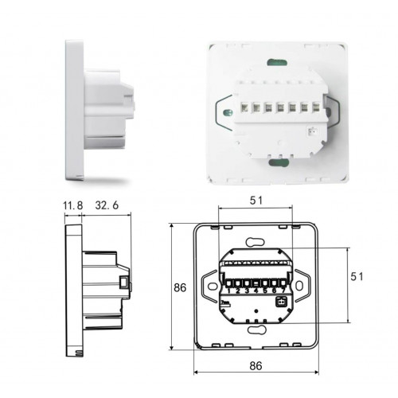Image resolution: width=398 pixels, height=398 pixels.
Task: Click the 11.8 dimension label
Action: point(73,205)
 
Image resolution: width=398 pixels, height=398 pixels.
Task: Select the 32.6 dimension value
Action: point(107,205)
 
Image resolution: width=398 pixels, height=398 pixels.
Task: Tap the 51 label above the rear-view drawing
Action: point(256,201)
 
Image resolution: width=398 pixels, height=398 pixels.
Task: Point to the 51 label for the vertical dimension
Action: point(357,276)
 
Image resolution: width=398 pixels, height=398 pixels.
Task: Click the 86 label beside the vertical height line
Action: point(180,287)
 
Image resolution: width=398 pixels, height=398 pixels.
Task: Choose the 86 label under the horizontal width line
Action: point(256,365)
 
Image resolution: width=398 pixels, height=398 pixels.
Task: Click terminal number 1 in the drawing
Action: point(228,291)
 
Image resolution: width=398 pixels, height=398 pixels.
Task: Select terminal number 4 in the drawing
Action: point(256,291)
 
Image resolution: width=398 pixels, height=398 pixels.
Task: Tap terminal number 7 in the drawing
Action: point(283,291)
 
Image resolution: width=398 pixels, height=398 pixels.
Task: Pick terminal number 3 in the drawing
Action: point(247,291)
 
